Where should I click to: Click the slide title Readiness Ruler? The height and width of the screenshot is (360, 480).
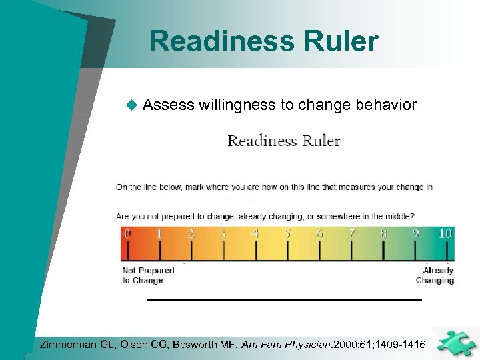coord(264,41)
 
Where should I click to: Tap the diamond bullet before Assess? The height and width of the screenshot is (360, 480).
coord(131,105)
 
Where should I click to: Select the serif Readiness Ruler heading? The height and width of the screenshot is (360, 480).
coord(284,141)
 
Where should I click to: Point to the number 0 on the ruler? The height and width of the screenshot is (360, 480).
coord(127,233)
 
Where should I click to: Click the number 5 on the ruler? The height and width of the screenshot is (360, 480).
coord(287,233)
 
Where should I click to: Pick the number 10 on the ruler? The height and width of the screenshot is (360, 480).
coord(445,233)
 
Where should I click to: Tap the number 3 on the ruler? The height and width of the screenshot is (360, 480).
coord(223,233)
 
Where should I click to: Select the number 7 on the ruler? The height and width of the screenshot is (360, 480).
coord(351,233)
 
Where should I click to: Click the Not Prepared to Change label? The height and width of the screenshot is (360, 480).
coord(147,275)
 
